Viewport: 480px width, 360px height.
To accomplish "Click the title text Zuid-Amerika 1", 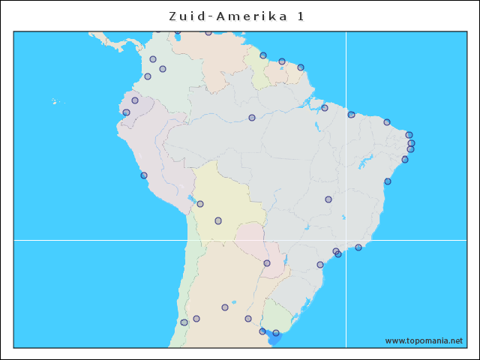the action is tap(236, 16).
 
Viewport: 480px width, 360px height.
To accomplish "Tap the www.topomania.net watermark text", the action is tap(424, 340).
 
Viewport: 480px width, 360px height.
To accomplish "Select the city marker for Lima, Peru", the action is tap(144, 175).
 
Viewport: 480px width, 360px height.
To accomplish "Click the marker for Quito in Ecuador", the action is tap(135, 100).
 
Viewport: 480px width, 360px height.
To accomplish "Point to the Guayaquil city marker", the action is tap(126, 112).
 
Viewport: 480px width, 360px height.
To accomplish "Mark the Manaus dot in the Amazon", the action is tap(252, 118).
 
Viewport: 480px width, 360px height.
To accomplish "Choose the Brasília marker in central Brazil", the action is tap(328, 199).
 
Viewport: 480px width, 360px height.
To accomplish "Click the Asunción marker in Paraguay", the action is tap(267, 263).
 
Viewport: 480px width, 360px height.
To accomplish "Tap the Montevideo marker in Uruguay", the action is tap(276, 333).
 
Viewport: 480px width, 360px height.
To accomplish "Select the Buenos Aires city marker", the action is tap(262, 331).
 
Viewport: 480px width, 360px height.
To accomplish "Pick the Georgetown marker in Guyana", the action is tap(263, 55).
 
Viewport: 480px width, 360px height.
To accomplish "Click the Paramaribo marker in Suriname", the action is tap(282, 61).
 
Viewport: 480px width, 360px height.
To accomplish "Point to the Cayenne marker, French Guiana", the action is tap(301, 67).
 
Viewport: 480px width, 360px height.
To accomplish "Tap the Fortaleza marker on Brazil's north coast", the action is tap(387, 122).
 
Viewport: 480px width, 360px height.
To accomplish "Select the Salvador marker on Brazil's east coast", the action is tap(388, 181).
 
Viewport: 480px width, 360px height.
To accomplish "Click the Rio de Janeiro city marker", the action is tap(358, 247).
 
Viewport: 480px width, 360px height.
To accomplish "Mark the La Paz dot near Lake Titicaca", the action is tap(200, 204).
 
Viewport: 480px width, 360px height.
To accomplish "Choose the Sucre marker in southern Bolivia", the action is tap(218, 220).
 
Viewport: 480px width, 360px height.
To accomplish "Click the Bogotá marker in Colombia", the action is tap(163, 69).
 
